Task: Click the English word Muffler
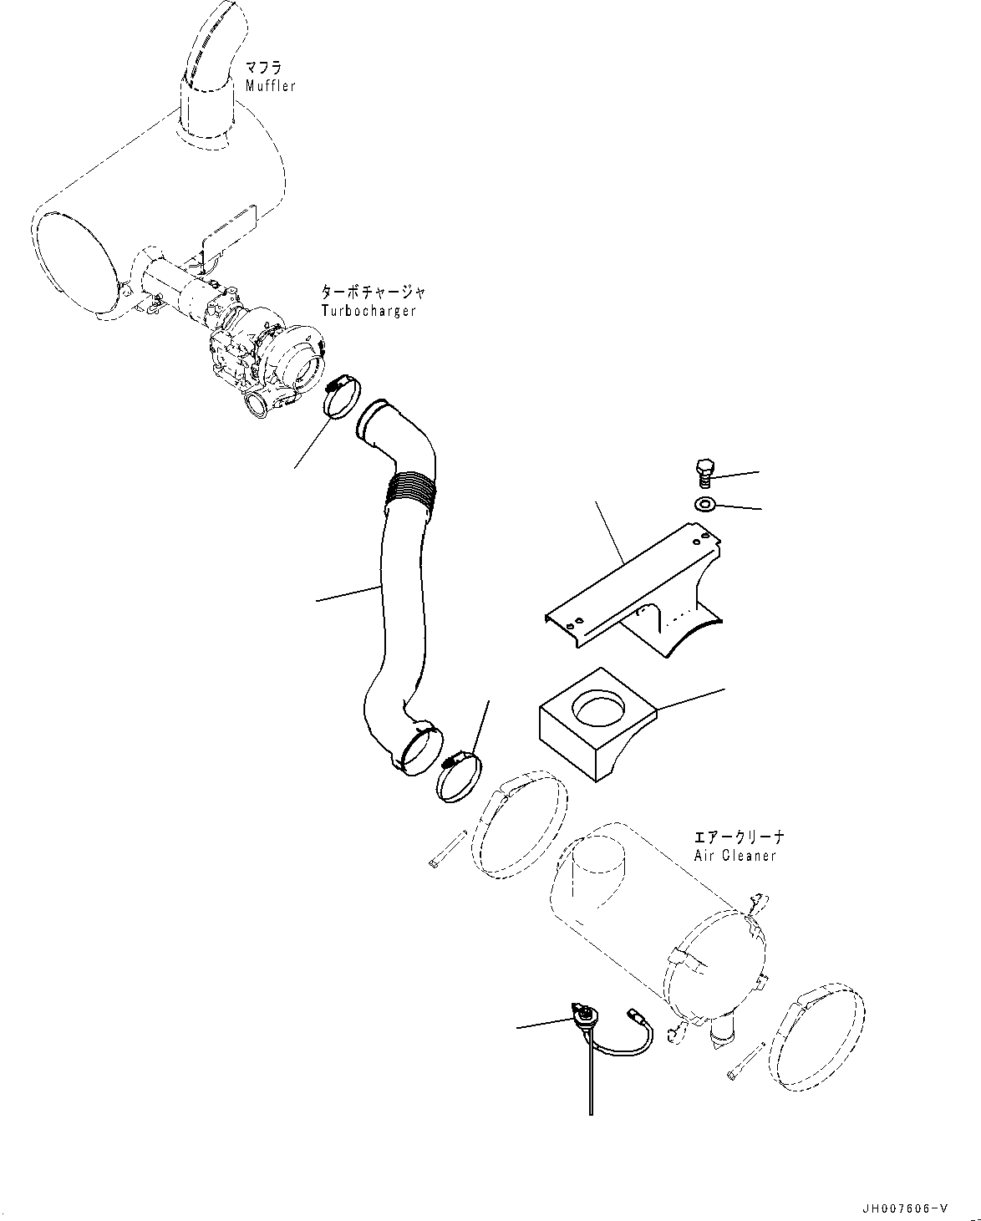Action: coord(270,86)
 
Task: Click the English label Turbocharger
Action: coord(368,310)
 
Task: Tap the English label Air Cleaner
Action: coord(734,856)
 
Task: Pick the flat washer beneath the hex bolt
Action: coord(704,504)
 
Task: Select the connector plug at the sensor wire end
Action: coord(634,1015)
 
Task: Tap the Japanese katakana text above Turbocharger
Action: coord(373,293)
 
